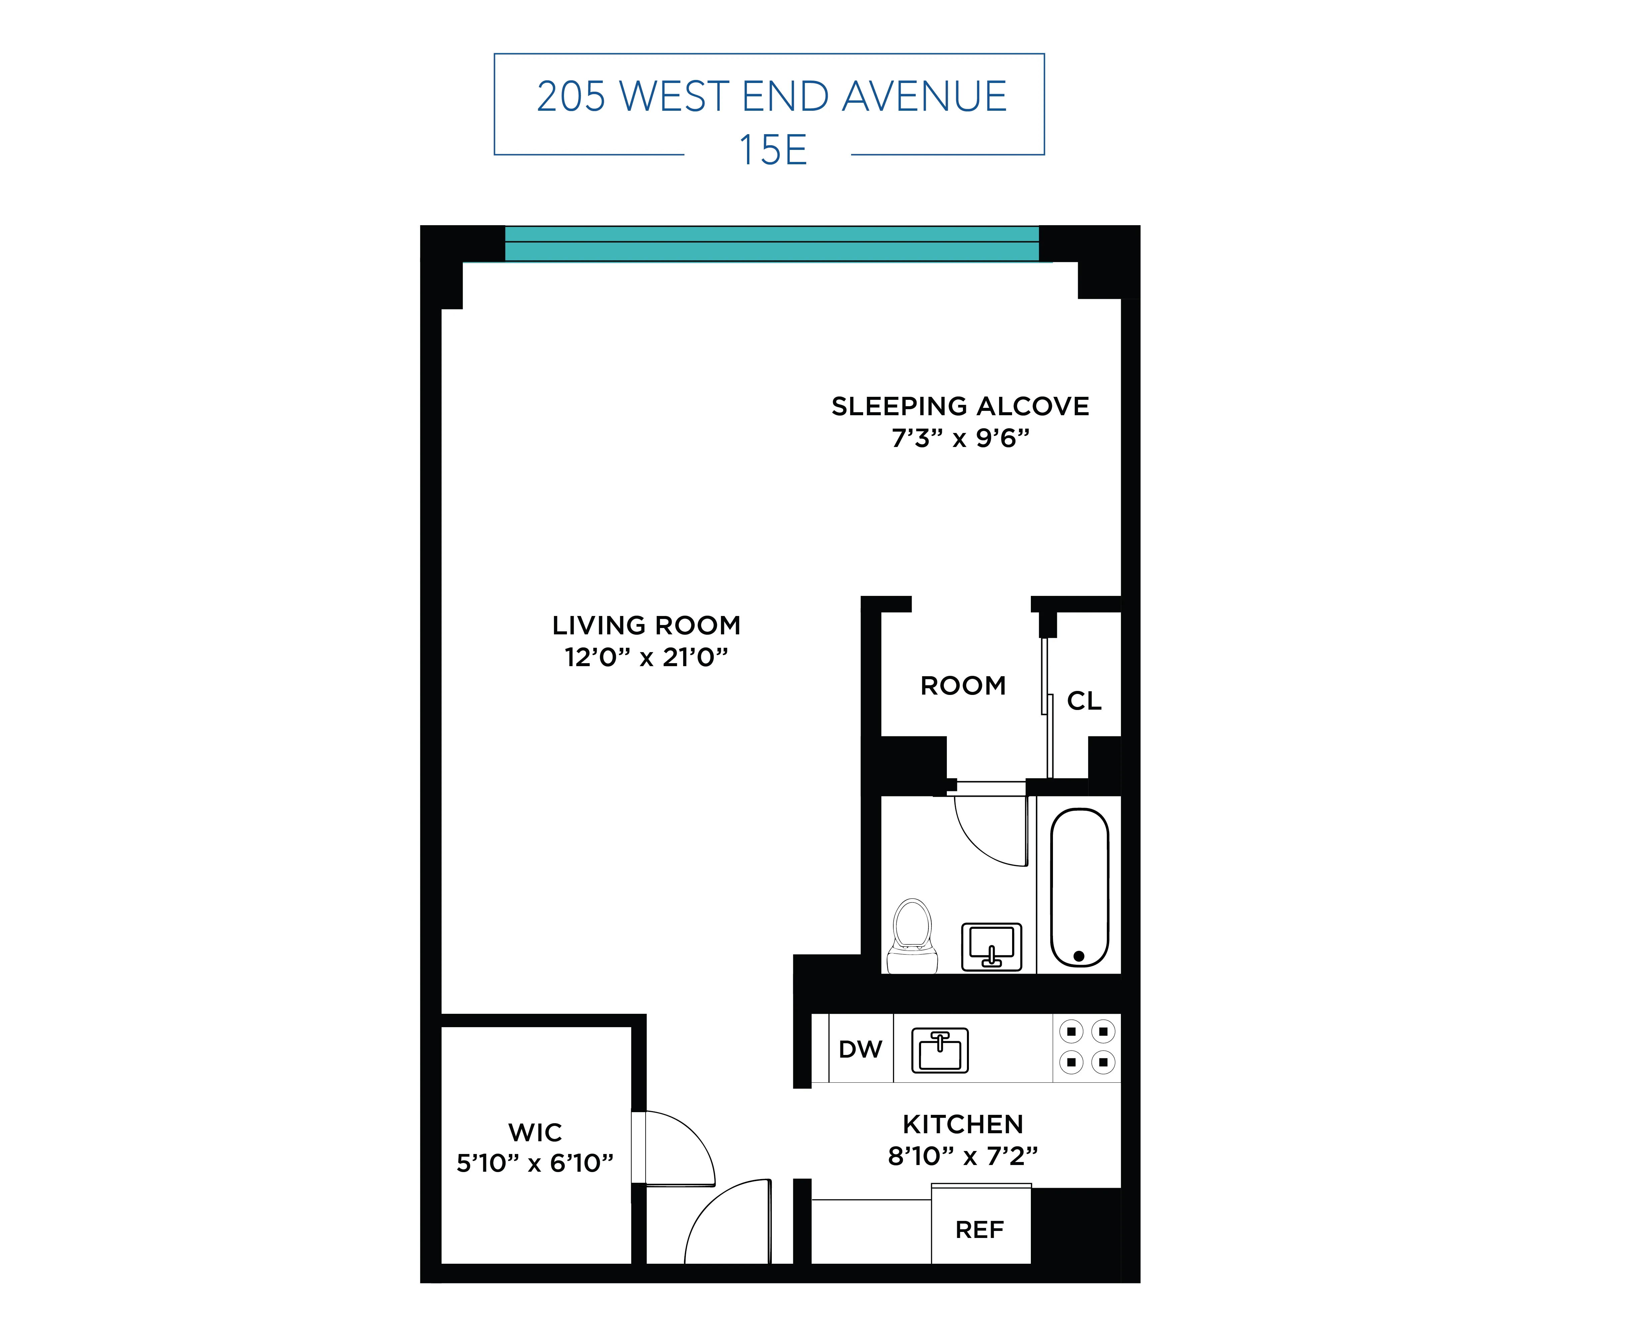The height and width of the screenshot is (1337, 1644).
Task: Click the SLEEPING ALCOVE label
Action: click(960, 406)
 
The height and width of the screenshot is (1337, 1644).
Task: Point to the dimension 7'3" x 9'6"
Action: click(960, 438)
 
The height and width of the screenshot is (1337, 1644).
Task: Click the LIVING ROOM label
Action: click(646, 625)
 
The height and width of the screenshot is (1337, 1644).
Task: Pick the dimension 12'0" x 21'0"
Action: click(646, 657)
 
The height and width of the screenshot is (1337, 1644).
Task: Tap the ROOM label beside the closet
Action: click(963, 686)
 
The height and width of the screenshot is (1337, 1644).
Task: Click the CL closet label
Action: click(1084, 701)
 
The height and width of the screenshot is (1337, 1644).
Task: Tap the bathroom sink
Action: click(991, 947)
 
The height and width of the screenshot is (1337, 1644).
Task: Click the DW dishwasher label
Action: click(860, 1049)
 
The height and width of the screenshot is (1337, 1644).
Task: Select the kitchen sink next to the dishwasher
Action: click(940, 1050)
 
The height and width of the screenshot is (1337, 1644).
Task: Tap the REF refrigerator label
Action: click(979, 1230)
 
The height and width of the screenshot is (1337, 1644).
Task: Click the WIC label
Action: click(536, 1132)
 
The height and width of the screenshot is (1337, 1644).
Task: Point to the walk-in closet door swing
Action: click(678, 1148)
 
